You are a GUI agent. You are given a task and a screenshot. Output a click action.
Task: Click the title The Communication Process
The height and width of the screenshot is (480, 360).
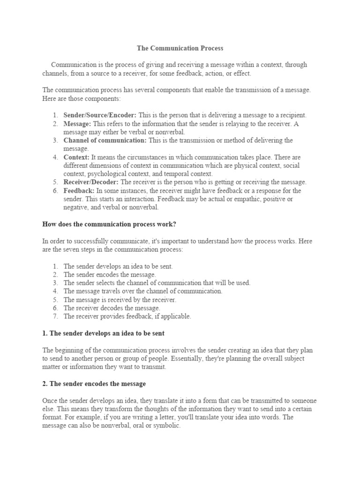pos(180,48)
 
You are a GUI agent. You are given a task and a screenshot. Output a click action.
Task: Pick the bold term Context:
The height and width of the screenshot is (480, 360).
pos(76,157)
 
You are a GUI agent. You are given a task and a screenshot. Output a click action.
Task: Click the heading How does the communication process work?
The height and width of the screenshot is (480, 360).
pos(109,224)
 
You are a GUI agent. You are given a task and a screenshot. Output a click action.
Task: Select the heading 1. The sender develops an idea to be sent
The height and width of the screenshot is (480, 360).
pos(104,333)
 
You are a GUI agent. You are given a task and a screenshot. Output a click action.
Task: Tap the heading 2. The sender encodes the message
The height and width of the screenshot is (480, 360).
pos(94,383)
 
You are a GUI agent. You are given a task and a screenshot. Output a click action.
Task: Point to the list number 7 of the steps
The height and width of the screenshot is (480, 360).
pos(55,316)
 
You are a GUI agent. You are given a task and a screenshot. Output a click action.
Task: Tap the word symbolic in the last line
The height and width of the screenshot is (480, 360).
pos(166,426)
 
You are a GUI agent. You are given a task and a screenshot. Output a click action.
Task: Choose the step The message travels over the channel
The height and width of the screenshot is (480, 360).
pos(143,291)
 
